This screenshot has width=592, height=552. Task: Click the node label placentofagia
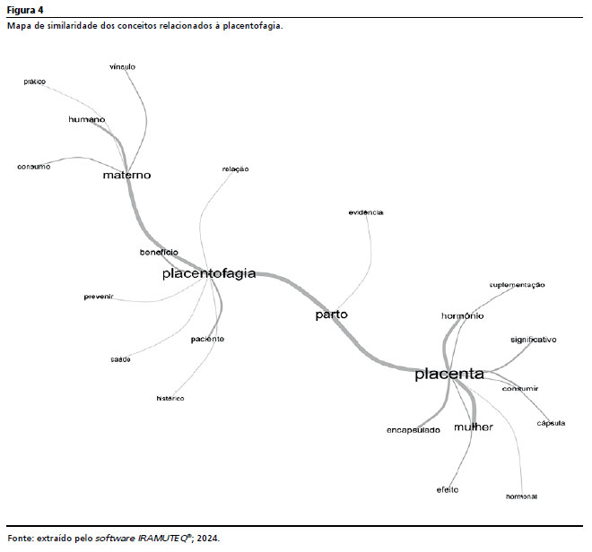209,273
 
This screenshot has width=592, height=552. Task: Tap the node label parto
331,315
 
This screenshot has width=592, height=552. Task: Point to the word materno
126,176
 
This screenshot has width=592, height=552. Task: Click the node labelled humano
87,119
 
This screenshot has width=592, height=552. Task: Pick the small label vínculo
122,67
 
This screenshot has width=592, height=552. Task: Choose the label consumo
34,167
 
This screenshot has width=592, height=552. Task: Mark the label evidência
366,212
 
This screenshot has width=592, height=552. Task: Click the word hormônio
463,316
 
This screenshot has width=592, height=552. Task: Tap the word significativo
534,341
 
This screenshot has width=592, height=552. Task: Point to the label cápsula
551,423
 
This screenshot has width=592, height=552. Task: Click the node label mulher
473,427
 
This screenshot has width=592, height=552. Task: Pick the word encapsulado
414,430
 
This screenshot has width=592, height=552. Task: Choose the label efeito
448,489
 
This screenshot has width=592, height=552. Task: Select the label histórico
170,398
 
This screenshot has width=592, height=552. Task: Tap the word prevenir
99,297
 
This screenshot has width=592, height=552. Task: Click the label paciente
207,340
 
